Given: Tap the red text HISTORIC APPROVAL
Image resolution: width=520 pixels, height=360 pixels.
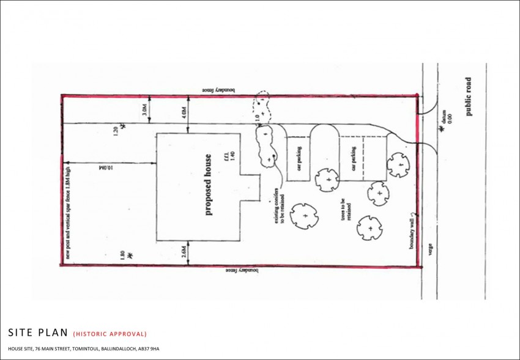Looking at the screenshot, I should [x=110, y=334].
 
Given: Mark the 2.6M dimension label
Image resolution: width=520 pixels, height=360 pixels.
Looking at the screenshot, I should [x=183, y=251].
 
